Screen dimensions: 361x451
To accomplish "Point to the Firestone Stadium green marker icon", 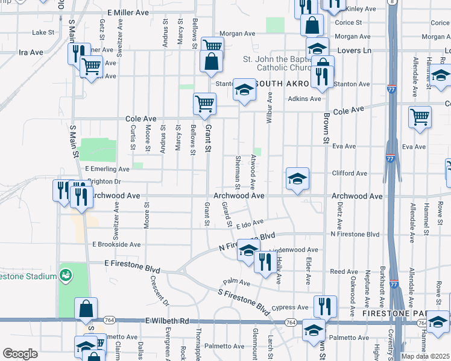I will point(66,276).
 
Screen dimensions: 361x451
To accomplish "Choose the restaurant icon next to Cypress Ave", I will point(324,306).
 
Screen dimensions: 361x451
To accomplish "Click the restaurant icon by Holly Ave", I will point(265,262).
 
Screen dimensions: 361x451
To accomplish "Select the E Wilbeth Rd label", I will point(167,321).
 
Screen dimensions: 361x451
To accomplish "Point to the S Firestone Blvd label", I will point(244,301).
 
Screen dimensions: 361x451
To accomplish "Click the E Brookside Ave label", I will point(116,245).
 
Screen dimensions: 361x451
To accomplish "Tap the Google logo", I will point(20,354).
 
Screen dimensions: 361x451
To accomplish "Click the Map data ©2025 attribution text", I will point(426,356).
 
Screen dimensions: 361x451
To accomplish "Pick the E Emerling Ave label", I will point(107,170).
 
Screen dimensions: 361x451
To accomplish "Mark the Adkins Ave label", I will point(304,98).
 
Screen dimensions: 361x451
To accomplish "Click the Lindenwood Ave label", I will point(294,249).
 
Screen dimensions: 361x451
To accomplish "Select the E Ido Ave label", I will point(250,225).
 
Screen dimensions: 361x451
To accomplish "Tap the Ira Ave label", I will point(31,52).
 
